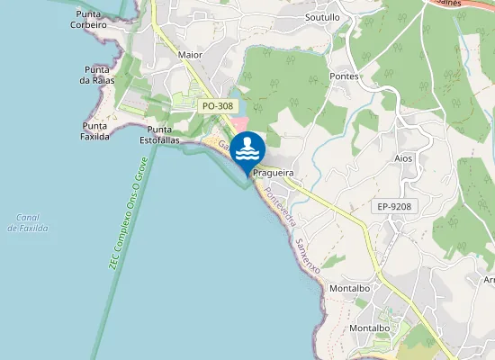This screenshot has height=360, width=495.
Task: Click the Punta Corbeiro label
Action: point(89,19)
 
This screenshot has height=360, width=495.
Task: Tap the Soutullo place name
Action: point(322,17)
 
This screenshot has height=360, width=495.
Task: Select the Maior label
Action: point(190,54)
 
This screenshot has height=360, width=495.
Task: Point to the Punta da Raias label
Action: point(96,75)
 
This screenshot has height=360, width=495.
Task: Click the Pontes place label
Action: point(345,76)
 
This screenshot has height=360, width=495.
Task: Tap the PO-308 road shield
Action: point(218,106)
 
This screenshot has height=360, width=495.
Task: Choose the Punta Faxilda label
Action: point(95,131)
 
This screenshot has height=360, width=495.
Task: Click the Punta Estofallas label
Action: point(161,135)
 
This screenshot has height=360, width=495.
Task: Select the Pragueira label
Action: point(274,171)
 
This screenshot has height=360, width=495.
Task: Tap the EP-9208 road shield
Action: point(394,207)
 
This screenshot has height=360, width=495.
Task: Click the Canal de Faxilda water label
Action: point(27,222)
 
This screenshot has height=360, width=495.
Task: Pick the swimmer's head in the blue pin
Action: point(247,142)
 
